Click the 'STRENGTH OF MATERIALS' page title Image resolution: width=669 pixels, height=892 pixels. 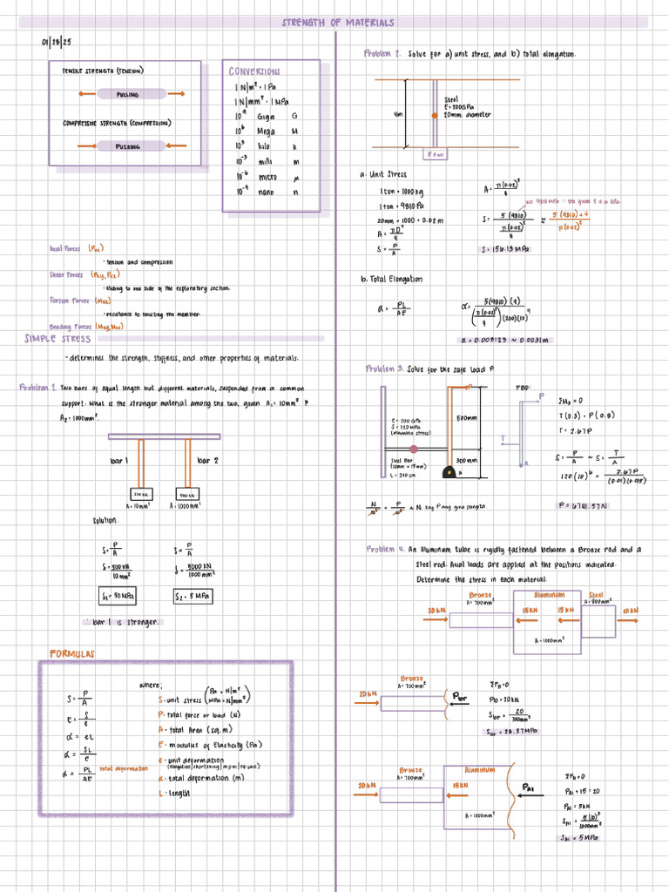pos(337,23)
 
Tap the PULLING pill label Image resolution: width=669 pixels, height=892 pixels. pos(129,94)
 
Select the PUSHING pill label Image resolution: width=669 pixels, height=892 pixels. pos(128,146)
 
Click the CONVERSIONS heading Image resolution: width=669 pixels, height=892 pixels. pos(254,71)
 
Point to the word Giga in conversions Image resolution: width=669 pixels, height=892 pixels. pos(266,116)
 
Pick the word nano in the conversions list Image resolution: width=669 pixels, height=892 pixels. pos(267,192)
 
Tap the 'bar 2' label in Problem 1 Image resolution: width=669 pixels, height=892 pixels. pos(208,460)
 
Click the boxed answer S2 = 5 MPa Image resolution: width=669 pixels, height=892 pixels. pos(193,597)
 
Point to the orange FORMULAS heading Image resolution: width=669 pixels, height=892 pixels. pos(72,653)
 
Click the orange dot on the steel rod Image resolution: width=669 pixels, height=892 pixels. pos(434,114)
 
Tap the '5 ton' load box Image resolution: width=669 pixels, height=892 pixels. pos(435,154)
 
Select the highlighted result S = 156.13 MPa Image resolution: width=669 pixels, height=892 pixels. pos(506,249)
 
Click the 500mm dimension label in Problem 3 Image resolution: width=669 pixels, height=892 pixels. pos(467,418)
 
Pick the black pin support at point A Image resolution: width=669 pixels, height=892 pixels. pos(449,474)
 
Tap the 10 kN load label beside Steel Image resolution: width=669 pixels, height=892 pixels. pos(629,612)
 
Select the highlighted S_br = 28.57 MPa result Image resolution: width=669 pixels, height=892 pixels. pos(512,732)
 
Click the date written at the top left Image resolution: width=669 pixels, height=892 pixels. pos(56,42)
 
